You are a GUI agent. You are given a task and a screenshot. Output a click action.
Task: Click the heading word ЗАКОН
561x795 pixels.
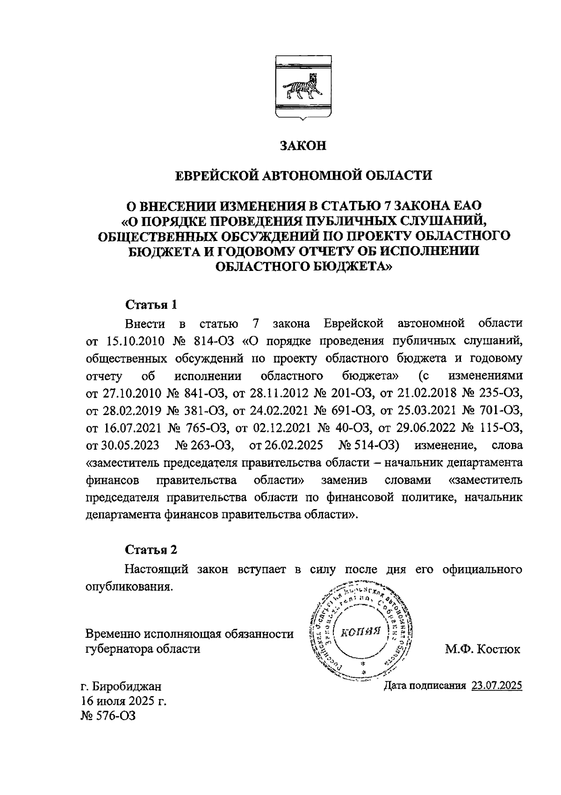coord(302,146)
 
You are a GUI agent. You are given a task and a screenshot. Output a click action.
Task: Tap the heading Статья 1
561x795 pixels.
coord(151,305)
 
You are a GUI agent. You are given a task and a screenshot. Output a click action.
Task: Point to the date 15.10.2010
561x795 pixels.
coord(135,341)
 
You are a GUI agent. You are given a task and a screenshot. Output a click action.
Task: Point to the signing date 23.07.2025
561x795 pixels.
coord(496,686)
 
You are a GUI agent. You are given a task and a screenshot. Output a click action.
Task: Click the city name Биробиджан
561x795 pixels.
coord(127,686)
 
